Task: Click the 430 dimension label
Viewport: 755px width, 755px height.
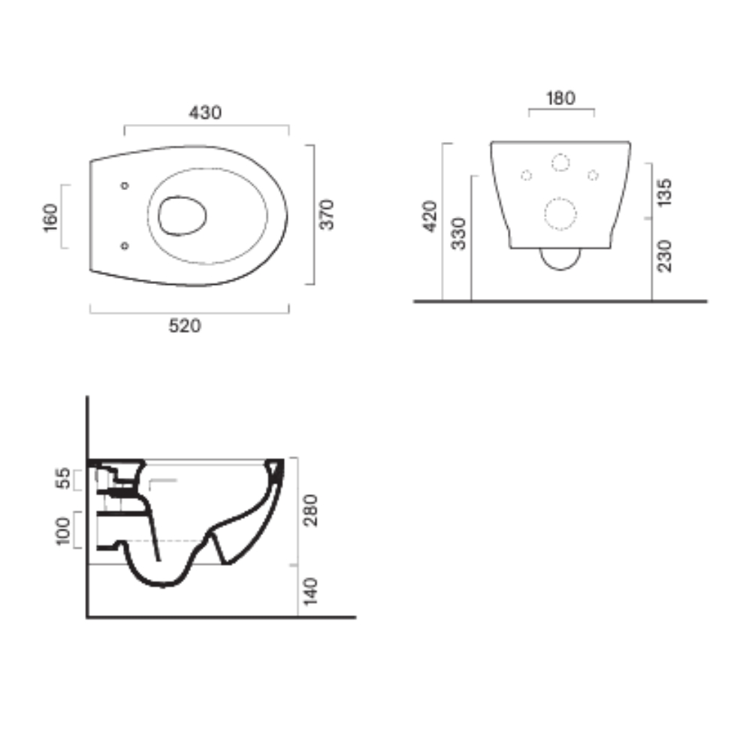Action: [205, 113]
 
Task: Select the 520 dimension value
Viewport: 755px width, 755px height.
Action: [185, 326]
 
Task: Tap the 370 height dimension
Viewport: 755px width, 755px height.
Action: [327, 214]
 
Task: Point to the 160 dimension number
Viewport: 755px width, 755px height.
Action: [50, 218]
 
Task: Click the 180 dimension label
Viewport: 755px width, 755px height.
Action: [560, 98]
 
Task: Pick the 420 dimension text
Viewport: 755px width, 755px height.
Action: [430, 216]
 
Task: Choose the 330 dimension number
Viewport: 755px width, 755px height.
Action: [459, 234]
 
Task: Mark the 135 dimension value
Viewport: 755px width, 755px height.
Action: [664, 192]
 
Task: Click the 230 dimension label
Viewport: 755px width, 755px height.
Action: [664, 256]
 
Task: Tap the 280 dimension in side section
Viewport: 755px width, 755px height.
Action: [311, 510]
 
